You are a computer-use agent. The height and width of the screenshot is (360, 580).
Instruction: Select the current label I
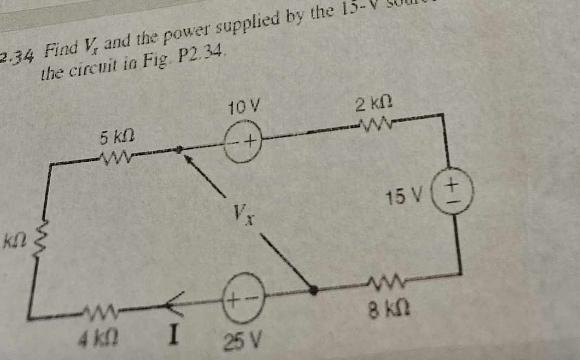[x=172, y=334]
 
